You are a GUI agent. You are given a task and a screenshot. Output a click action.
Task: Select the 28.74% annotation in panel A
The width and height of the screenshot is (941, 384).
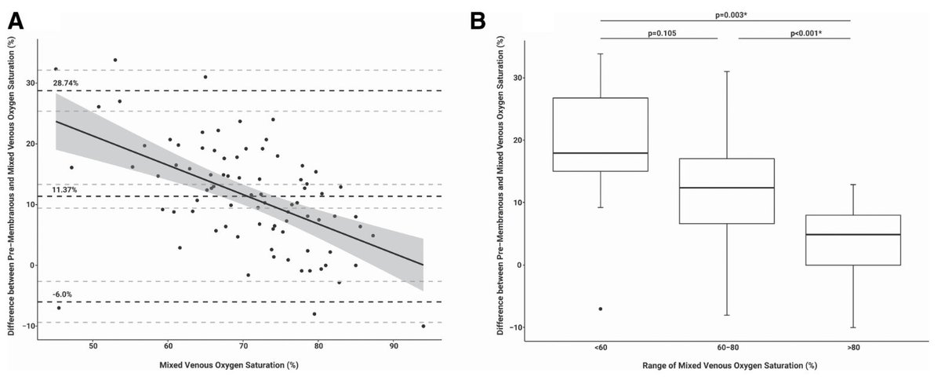pyautogui.click(x=67, y=82)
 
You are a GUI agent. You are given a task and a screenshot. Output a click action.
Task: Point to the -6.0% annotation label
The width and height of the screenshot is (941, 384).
pyautogui.click(x=63, y=294)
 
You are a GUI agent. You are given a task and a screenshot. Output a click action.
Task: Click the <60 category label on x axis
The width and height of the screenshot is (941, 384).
pyautogui.click(x=601, y=349)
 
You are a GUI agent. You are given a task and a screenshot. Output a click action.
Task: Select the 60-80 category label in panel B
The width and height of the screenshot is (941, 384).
pyautogui.click(x=726, y=349)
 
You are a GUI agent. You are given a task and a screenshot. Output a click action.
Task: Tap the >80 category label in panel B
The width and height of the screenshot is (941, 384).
pyautogui.click(x=852, y=349)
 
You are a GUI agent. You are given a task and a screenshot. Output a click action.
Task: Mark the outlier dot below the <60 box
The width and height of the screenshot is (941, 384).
pyautogui.click(x=601, y=309)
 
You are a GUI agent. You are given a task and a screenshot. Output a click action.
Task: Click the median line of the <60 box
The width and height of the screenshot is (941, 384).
pyautogui.click(x=601, y=153)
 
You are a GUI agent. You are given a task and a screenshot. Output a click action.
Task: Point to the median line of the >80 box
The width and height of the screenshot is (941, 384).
pyautogui.click(x=852, y=235)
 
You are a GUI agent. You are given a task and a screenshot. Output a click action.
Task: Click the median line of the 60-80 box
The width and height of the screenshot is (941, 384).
pyautogui.click(x=726, y=188)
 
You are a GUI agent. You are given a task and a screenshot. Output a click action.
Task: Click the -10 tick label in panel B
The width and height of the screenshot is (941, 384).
pyautogui.click(x=510, y=327)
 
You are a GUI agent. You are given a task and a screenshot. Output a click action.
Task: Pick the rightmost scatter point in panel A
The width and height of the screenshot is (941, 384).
pyautogui.click(x=423, y=325)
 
